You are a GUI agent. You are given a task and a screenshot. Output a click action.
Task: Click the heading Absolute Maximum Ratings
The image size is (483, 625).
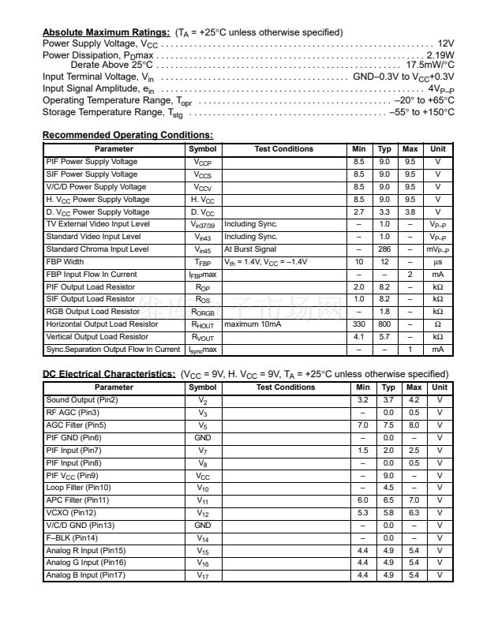point(106,32)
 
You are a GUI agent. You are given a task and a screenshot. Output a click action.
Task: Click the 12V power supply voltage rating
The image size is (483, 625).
point(445,44)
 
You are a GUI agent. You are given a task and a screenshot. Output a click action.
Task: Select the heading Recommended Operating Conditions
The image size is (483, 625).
point(127,135)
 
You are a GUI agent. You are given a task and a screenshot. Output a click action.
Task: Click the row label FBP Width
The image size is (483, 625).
point(65,262)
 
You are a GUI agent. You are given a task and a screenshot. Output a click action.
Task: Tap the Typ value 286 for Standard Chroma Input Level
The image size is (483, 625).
point(384,249)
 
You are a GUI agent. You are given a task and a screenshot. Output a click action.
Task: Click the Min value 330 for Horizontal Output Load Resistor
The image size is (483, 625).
point(359,324)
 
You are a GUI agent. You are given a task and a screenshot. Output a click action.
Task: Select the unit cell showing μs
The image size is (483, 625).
point(437,262)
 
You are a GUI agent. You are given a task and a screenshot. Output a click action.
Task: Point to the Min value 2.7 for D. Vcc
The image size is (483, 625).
point(359,212)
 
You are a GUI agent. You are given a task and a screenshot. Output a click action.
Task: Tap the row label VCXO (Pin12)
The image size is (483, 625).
point(69,512)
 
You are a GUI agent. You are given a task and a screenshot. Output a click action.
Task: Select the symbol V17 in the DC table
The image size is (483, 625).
point(203,575)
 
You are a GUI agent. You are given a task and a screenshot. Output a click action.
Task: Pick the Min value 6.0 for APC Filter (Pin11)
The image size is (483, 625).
point(363,500)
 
